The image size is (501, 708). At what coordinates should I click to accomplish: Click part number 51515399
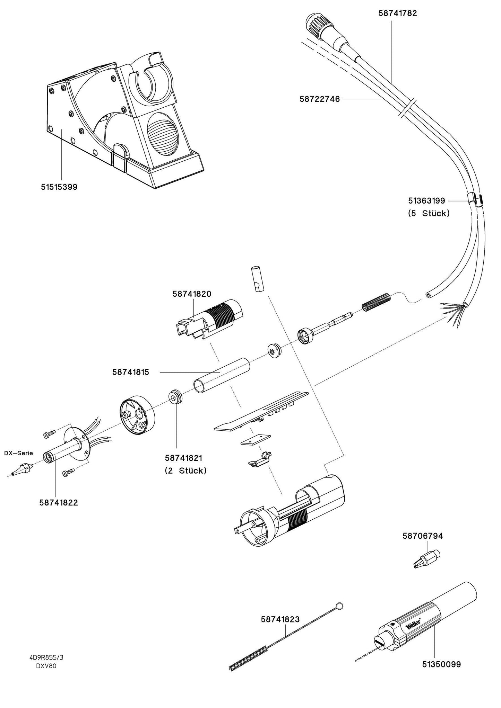pos(59,187)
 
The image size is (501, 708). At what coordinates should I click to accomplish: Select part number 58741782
pos(397,14)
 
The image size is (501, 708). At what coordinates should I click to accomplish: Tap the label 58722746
pos(319,99)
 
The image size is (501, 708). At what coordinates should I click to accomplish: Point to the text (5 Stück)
pos(429,213)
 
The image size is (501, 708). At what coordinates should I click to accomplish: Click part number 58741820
pos(192,294)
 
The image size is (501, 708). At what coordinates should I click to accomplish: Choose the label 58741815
pos(131,372)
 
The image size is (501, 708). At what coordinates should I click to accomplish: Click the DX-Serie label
pos(18,453)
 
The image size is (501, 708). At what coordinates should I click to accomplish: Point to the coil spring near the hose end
pos(377,301)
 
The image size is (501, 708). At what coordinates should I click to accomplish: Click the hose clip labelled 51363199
pos(475,201)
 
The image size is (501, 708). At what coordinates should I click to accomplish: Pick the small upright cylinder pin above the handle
pos(257,279)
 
